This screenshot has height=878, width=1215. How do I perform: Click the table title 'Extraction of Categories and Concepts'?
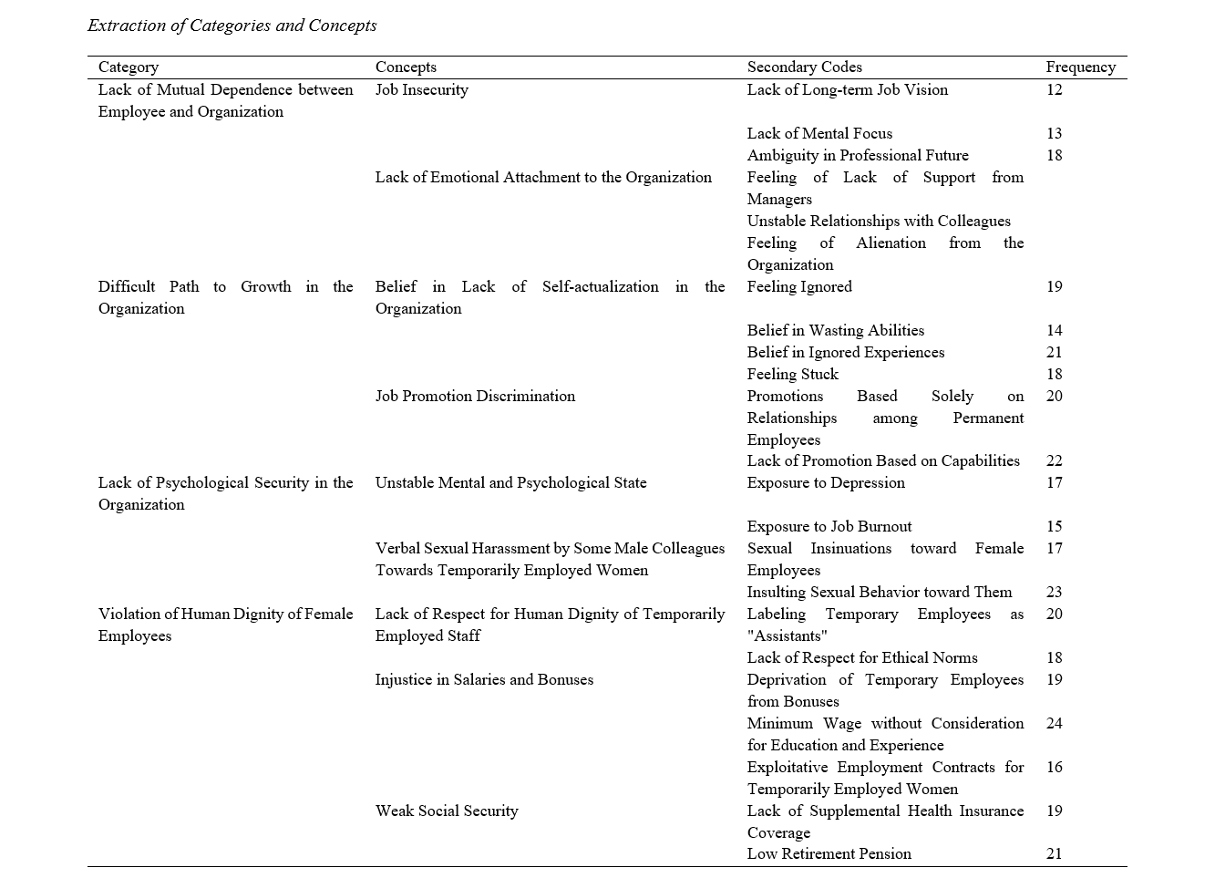click(232, 26)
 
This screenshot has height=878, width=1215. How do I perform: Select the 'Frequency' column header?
click(1080, 67)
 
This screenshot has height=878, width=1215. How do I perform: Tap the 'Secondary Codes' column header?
click(804, 67)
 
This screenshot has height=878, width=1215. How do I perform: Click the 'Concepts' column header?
click(406, 67)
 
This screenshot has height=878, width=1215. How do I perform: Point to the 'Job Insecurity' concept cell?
click(421, 89)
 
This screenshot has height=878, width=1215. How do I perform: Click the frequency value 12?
click(1054, 89)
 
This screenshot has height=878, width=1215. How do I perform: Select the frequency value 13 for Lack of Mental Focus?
click(1054, 133)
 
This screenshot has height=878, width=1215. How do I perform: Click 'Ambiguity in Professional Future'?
click(857, 155)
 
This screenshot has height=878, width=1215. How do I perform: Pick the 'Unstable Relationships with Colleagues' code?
click(878, 221)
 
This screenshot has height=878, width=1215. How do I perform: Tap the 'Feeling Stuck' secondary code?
click(792, 374)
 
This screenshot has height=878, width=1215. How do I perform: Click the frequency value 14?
click(1054, 330)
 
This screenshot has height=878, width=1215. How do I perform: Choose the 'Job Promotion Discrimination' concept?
click(475, 396)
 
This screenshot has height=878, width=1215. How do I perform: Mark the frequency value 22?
click(1054, 461)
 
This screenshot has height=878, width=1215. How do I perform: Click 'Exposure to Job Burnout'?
click(829, 526)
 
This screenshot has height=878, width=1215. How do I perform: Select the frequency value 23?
click(1054, 592)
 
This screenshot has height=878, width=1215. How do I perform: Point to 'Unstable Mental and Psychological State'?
click(510, 482)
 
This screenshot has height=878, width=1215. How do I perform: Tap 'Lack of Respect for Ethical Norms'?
click(861, 657)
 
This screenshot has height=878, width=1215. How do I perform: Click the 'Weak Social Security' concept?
click(446, 811)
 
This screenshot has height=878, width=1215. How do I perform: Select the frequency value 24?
click(1054, 723)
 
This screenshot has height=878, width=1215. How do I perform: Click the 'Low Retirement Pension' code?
click(829, 854)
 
